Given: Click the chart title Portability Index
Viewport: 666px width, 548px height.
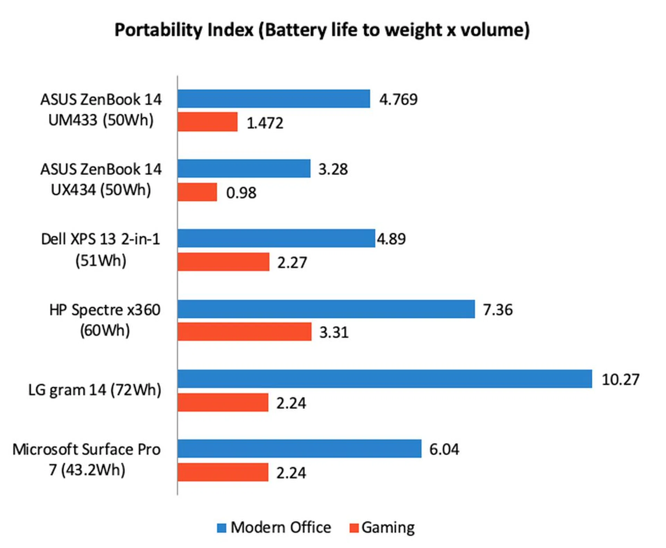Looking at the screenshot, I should click(322, 30).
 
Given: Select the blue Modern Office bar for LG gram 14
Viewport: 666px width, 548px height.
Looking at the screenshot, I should click(384, 379).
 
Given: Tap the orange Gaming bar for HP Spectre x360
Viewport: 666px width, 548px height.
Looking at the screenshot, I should click(244, 331).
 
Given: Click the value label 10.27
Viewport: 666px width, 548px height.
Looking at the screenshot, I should click(620, 379).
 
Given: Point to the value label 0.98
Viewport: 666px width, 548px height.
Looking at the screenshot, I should click(241, 192).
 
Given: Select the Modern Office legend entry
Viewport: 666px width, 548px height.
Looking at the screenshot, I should click(274, 527).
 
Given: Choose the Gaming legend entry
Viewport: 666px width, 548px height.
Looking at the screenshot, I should click(382, 527).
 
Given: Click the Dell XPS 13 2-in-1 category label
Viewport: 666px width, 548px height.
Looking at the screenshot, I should click(101, 250).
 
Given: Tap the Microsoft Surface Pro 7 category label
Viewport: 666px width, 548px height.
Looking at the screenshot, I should click(87, 459).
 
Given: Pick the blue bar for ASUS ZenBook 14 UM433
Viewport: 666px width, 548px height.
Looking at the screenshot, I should click(273, 99).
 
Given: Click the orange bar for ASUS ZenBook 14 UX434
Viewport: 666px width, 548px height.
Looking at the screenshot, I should click(197, 192).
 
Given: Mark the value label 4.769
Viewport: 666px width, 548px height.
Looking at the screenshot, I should click(398, 99).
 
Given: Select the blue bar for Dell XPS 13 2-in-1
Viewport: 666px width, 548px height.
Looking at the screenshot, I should click(276, 238).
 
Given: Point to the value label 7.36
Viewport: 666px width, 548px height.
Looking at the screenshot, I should click(498, 310).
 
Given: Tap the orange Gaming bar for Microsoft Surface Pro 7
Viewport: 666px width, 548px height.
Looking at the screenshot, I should click(223, 472).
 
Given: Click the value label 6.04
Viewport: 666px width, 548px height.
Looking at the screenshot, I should click(444, 449).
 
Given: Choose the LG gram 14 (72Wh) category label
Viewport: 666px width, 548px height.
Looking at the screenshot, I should click(95, 390).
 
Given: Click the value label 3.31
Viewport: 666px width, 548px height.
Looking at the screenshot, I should click(334, 332).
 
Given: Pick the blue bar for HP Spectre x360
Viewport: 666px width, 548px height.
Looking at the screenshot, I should click(326, 309).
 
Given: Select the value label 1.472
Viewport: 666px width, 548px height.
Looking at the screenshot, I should click(265, 123).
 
